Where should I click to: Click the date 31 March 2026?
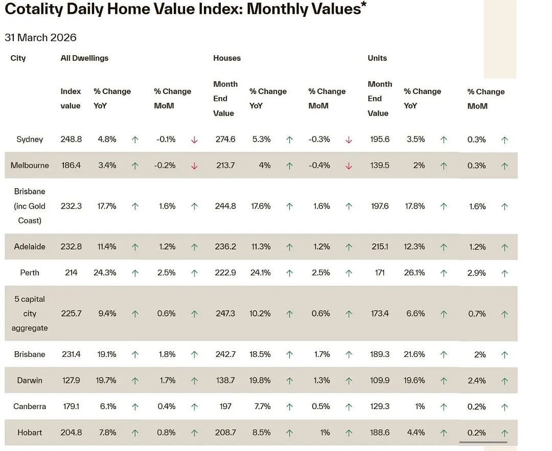coord(40,38)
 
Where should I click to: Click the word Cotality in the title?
coord(34,9)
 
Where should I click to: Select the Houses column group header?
coord(227,58)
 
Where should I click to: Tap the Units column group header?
coord(377,58)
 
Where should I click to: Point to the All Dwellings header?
coord(84,58)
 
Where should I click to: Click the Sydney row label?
coord(30,140)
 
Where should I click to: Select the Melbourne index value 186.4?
coord(71,166)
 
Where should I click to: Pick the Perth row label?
coord(30,273)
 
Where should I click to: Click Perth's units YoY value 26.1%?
coord(415,273)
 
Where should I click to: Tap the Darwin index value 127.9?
coord(71,380)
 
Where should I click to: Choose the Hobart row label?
coord(30,433)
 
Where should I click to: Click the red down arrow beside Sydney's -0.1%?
coord(194,140)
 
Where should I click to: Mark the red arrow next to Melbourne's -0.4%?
coord(349,166)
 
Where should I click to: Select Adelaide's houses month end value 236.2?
coord(225,247)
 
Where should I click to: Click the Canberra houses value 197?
coord(225,407)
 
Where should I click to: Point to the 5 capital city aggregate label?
coord(30,313)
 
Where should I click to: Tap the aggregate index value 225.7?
coord(71,313)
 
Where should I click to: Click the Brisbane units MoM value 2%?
coord(480,354)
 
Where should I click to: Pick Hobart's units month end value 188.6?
coord(380,433)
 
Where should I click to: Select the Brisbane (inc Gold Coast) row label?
coord(30,206)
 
